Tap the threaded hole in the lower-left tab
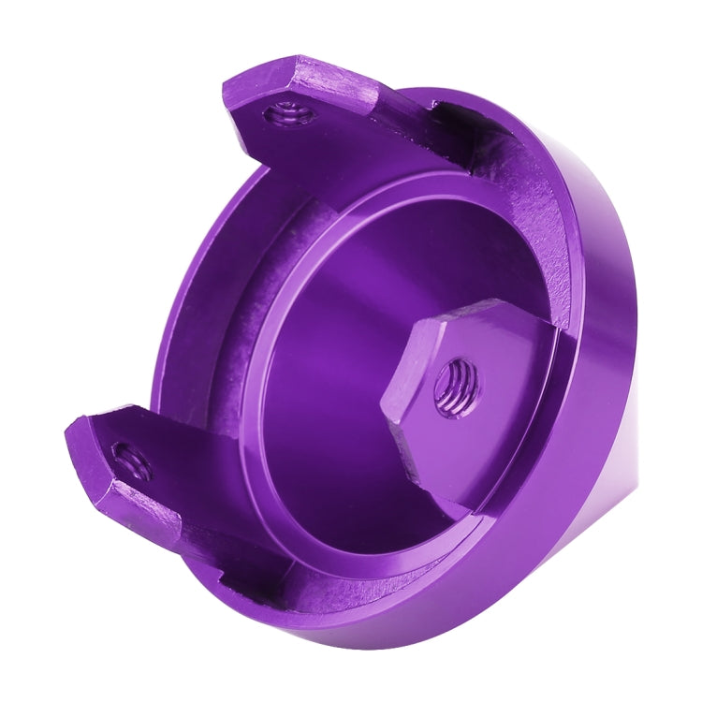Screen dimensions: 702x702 click(130, 460)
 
